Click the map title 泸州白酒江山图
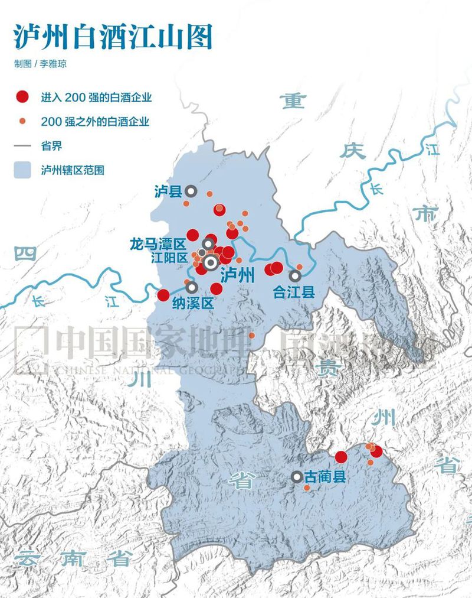(x=112, y=37)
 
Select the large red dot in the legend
(x=22, y=97)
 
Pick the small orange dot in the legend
(x=22, y=122)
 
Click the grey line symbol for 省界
(x=22, y=146)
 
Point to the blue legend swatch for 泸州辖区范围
(x=22, y=171)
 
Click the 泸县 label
(x=168, y=191)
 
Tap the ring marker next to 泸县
(x=191, y=191)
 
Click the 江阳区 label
(x=169, y=258)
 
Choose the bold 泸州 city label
(x=237, y=275)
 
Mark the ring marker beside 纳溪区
(x=191, y=287)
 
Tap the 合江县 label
(x=294, y=291)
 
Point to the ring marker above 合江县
(x=294, y=275)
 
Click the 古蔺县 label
(x=324, y=477)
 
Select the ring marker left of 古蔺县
(x=297, y=476)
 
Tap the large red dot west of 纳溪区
(x=163, y=295)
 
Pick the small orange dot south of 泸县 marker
(x=186, y=204)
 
